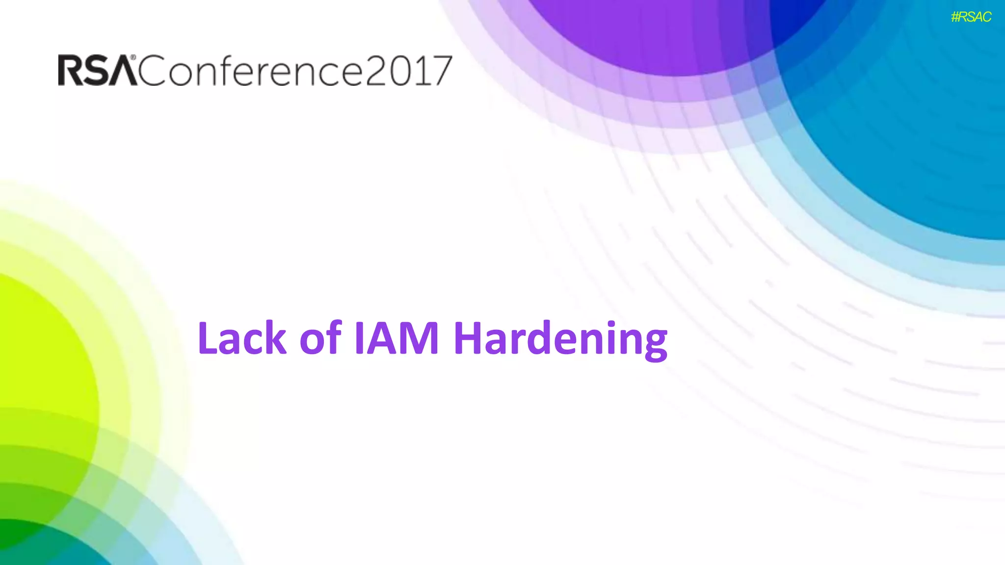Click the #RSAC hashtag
point(971,17)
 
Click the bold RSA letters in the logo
point(97,70)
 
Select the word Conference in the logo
point(250,70)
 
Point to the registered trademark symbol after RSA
point(133,57)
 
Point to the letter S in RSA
point(97,70)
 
